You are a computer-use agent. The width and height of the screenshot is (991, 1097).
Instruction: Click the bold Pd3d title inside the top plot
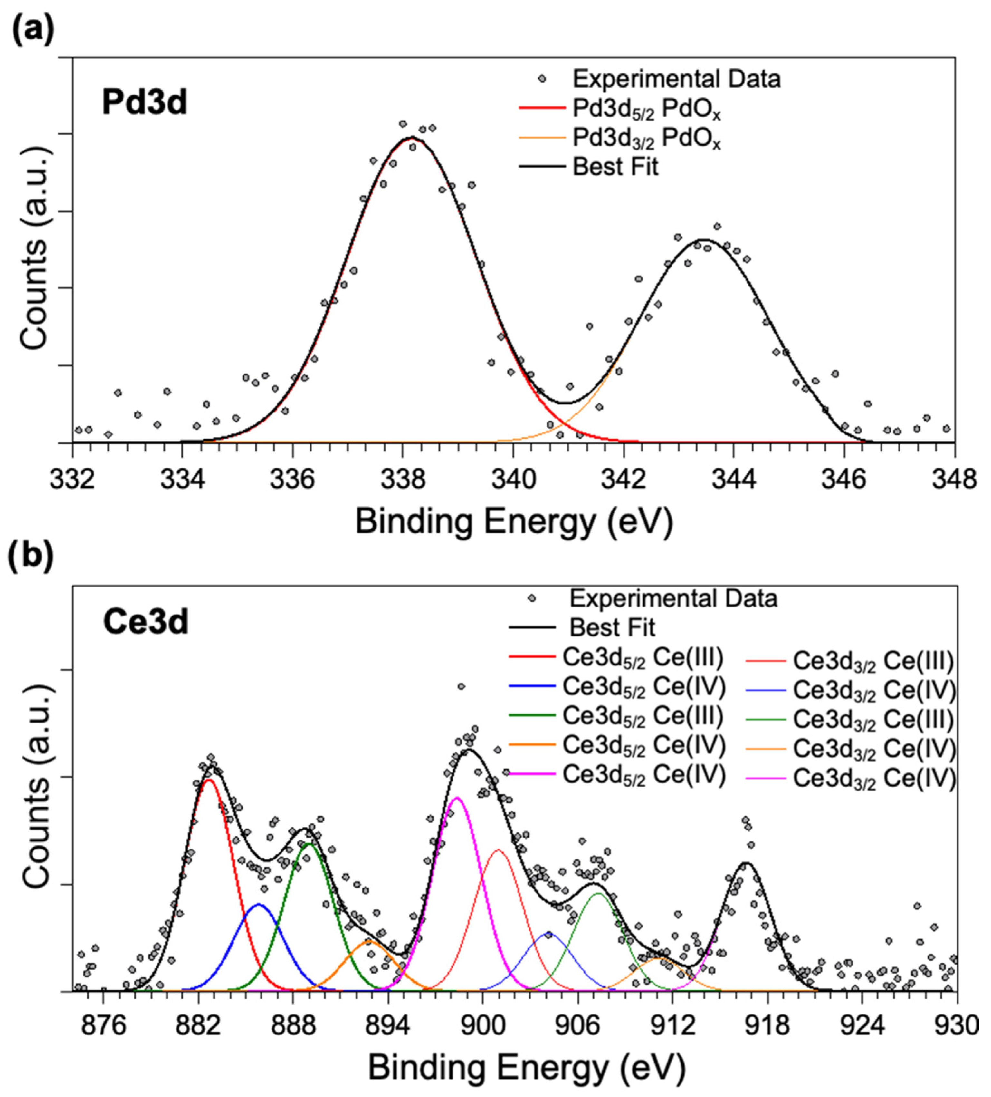145,103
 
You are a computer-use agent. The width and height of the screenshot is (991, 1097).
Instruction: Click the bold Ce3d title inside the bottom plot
146,622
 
